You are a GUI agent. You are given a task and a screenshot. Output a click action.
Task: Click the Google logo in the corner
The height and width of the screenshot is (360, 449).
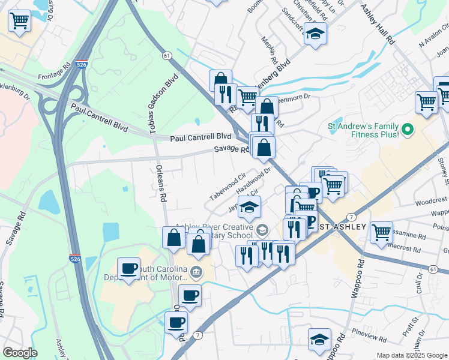click(x=20, y=353)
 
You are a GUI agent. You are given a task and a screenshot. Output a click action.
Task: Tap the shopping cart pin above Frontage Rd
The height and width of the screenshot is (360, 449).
click(x=20, y=21)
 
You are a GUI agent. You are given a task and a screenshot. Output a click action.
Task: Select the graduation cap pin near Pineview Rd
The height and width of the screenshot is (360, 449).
click(x=319, y=339)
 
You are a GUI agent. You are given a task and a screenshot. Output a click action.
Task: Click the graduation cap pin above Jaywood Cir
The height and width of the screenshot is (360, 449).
click(x=249, y=207)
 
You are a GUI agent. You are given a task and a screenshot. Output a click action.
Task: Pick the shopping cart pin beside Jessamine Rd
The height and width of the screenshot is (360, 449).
click(x=381, y=232)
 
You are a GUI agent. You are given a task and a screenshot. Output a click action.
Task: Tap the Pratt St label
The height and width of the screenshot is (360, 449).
click(x=425, y=330)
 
